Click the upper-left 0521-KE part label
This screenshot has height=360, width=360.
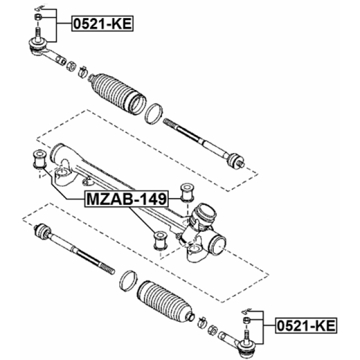(102, 24)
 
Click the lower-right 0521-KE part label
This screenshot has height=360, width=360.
(306, 326)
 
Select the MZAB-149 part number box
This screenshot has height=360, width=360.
(127, 199)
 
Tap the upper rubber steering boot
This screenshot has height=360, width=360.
(118, 94)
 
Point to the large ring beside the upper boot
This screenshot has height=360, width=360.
(154, 114)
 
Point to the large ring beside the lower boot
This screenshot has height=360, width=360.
(128, 281)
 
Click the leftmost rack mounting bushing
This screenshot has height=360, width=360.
(40, 159)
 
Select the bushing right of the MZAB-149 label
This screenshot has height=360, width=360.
(187, 192)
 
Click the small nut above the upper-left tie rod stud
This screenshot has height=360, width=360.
(38, 17)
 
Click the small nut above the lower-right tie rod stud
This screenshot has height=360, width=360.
(246, 319)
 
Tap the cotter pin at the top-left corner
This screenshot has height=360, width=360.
(38, 9)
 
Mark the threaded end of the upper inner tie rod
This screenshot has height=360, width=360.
(170, 123)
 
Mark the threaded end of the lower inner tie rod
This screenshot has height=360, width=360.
(107, 268)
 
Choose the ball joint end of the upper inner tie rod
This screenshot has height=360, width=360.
(236, 160)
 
